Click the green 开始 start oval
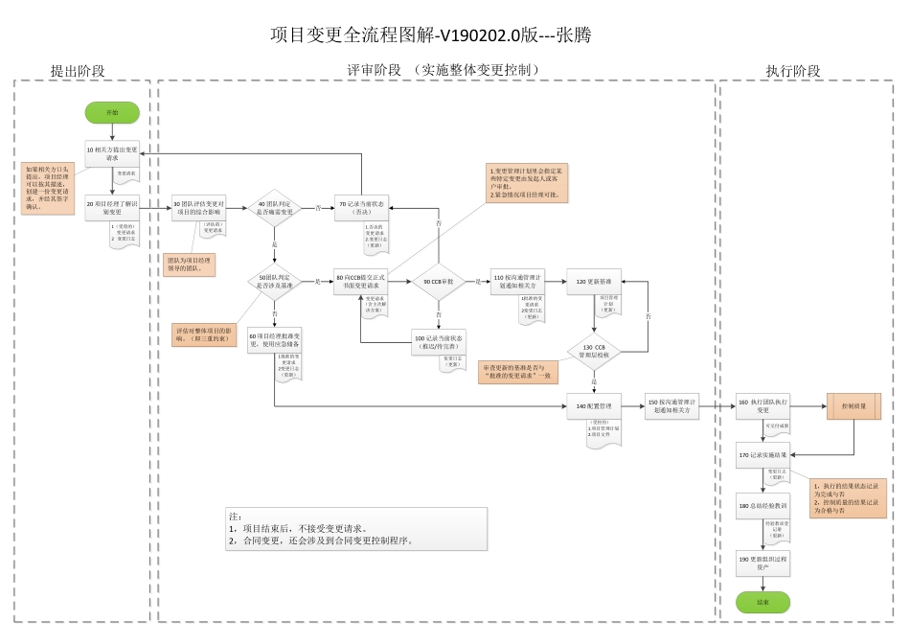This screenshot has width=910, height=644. click(112, 112)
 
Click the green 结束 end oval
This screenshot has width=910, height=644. click(762, 602)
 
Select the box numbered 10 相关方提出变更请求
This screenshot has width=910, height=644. click(112, 154)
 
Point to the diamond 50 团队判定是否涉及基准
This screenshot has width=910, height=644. click(275, 281)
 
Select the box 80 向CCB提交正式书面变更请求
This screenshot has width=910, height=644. click(361, 281)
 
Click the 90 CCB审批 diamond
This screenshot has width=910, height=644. click(439, 281)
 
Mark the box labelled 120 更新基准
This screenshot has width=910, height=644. click(594, 281)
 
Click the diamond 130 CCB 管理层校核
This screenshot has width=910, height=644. click(594, 350)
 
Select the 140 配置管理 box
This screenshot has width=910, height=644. click(594, 405)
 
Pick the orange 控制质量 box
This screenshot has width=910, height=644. click(854, 405)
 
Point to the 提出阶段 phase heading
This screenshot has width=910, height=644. click(78, 71)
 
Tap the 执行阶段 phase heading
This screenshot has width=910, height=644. click(793, 71)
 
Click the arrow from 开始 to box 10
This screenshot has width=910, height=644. click(112, 133)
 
